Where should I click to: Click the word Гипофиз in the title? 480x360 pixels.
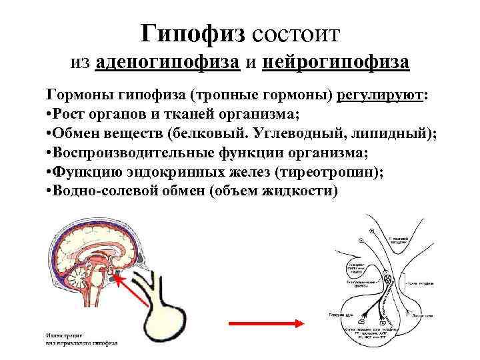[x=194, y=31]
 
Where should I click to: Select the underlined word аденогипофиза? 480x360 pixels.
[x=168, y=63]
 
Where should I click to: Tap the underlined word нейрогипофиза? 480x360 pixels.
[x=337, y=63]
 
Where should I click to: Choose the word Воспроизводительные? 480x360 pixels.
[x=133, y=152]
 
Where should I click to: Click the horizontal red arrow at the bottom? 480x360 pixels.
[x=267, y=324]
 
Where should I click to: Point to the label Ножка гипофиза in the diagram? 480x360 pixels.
[x=424, y=285]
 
